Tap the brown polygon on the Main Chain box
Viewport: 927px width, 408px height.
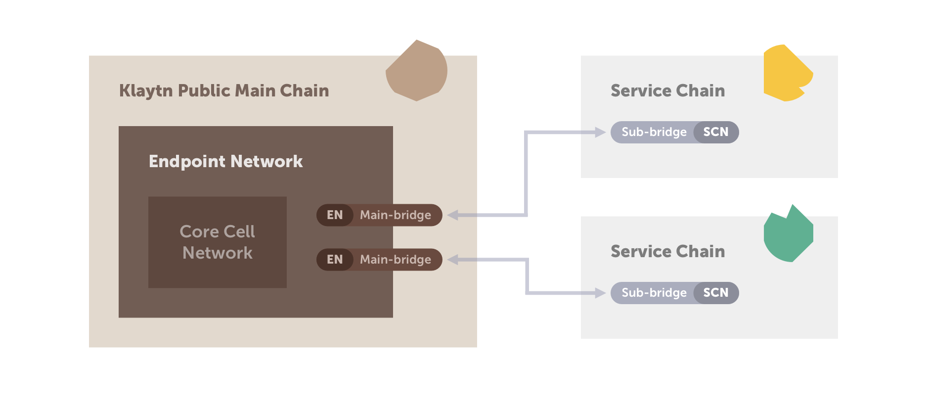(417, 71)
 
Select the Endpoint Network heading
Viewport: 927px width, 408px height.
(225, 161)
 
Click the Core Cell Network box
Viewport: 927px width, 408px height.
(218, 242)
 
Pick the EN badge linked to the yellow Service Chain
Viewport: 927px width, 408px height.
(335, 215)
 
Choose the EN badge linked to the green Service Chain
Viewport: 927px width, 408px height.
(335, 260)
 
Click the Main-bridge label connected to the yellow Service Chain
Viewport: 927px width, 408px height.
(396, 215)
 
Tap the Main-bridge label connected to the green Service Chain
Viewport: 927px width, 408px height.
(396, 260)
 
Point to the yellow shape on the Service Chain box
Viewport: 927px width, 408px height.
(786, 73)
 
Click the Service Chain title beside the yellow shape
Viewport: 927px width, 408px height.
(667, 91)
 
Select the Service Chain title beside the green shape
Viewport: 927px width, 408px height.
(667, 252)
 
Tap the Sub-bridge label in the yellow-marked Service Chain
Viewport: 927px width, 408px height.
(654, 132)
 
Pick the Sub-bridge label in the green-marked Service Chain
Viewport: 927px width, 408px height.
(654, 293)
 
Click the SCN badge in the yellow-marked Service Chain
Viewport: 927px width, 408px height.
(716, 132)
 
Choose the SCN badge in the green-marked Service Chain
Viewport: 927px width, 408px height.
(716, 293)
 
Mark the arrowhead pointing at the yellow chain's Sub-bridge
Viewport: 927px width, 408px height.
(601, 132)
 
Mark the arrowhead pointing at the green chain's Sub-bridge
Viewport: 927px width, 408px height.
(601, 293)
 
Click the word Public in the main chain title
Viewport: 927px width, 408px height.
(204, 91)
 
